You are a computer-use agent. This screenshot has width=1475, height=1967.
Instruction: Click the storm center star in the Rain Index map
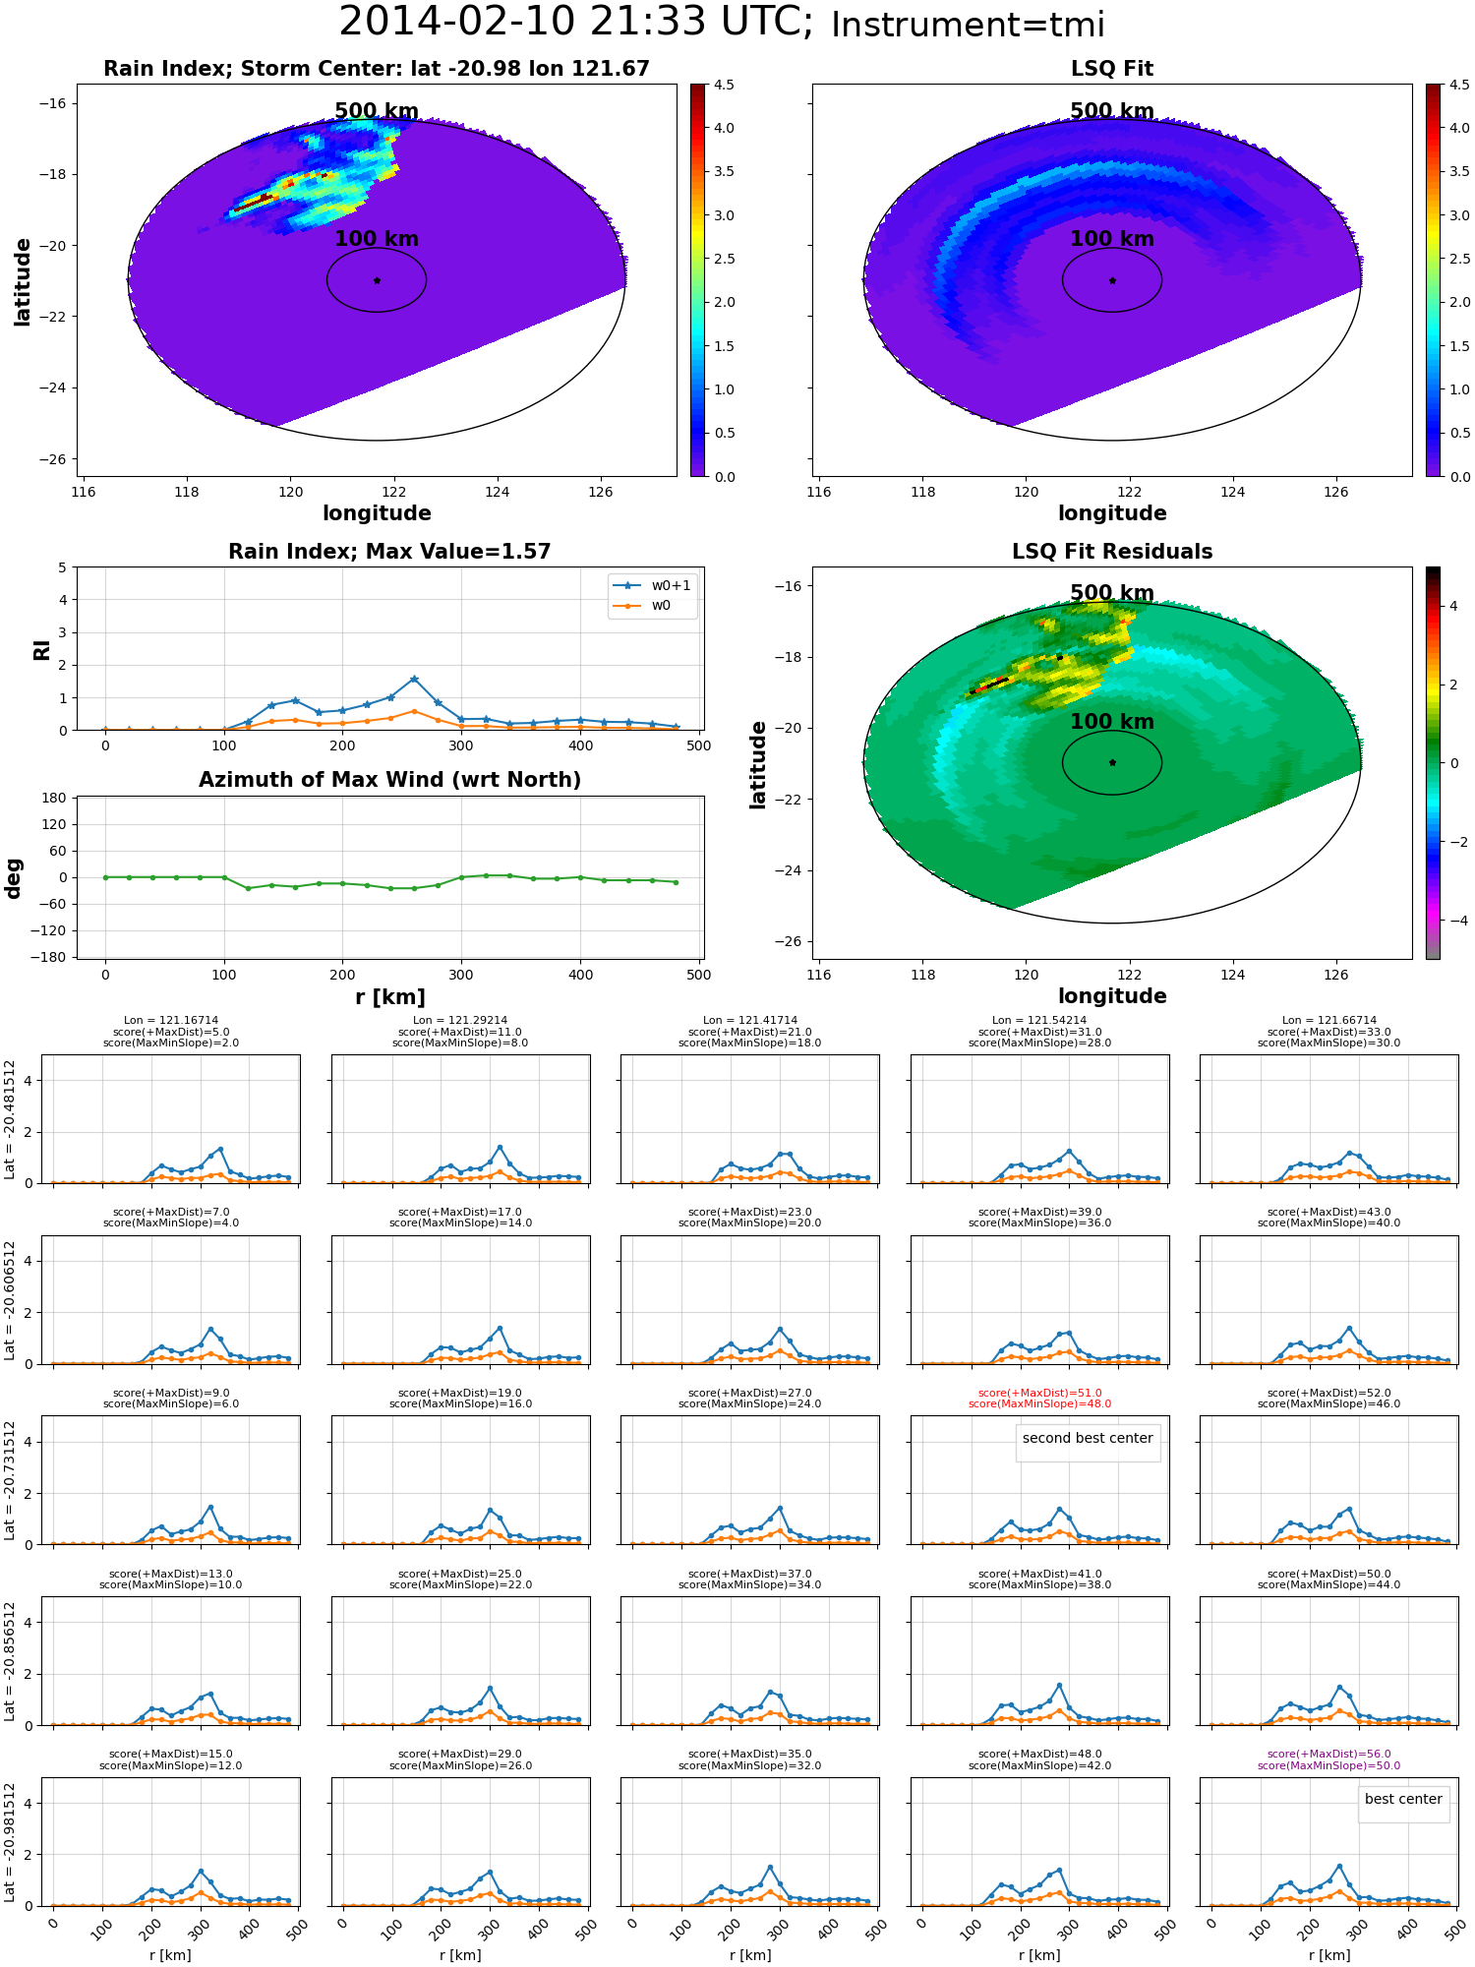pyautogui.click(x=377, y=280)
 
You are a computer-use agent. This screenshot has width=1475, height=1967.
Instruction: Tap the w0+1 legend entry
pyautogui.click(x=652, y=585)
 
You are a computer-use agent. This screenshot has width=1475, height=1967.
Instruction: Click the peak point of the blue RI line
pyautogui.click(x=414, y=679)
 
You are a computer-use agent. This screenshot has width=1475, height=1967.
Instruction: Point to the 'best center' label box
pyautogui.click(x=1403, y=1799)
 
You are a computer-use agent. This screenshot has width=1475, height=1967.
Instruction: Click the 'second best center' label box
pyautogui.click(x=1088, y=1438)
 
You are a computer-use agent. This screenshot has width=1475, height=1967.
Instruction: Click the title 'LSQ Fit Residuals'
pyautogui.click(x=1112, y=552)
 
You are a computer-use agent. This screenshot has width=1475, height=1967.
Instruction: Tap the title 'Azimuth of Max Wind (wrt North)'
pyautogui.click(x=389, y=780)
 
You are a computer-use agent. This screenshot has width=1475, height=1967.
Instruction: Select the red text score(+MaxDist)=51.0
pyautogui.click(x=1039, y=1393)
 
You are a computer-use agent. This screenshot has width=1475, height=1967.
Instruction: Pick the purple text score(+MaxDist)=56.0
pyautogui.click(x=1328, y=1754)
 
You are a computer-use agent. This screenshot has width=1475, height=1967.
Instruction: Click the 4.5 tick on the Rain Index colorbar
pyautogui.click(x=724, y=85)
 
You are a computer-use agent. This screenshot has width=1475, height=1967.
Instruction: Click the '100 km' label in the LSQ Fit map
pyautogui.click(x=1112, y=239)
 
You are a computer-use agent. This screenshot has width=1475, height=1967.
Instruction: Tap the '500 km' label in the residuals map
pyautogui.click(x=1112, y=593)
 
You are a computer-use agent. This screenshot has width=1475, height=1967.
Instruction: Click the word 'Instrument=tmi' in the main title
pyautogui.click(x=968, y=25)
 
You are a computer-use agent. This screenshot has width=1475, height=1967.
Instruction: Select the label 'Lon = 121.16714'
pyautogui.click(x=171, y=1021)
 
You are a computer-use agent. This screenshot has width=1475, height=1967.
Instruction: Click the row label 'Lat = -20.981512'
pyautogui.click(x=10, y=1842)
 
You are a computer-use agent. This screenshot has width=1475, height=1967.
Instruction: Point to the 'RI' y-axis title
pyautogui.click(x=41, y=649)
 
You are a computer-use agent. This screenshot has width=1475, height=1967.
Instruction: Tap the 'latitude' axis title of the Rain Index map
pyautogui.click(x=22, y=281)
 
